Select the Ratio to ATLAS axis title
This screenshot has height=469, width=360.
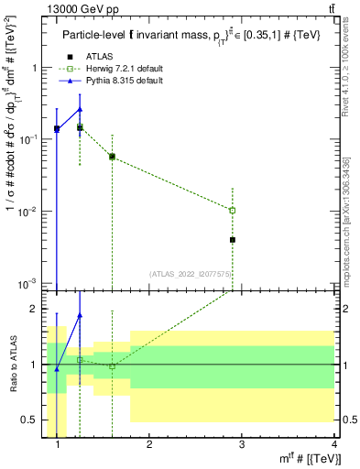[x=14, y=365]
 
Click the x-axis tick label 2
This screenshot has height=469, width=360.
[x=148, y=445]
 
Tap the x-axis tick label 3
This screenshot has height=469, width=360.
[x=241, y=445]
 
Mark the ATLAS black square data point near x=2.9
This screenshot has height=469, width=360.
[x=233, y=240]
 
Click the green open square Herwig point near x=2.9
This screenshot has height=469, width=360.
[x=233, y=211]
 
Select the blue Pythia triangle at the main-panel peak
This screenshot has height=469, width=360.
[x=80, y=109]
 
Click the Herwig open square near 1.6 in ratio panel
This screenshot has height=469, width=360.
[x=112, y=366]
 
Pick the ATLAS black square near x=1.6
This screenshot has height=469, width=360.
[x=112, y=157]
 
